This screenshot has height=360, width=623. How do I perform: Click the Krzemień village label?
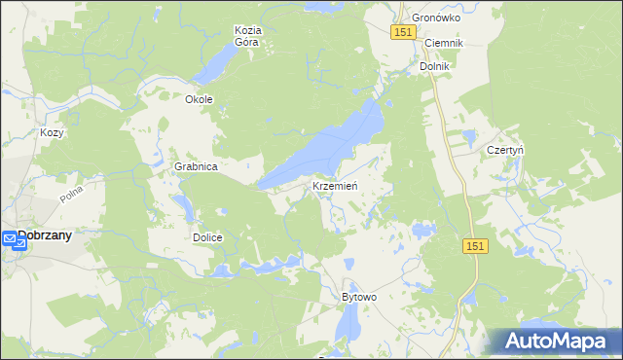337,186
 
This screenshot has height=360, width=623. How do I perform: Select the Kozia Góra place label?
249,36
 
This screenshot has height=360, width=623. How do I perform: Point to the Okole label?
199,99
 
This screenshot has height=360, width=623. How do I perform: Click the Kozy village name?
52,132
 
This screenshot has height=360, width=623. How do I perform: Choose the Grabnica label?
195,166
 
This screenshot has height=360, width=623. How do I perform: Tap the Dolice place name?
207,237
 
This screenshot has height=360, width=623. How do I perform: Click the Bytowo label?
358,296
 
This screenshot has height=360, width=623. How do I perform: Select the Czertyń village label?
505,151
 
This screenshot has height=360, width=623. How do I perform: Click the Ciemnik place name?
443,44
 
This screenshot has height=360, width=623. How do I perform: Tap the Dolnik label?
434,66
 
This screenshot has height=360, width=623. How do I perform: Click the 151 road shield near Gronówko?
405,33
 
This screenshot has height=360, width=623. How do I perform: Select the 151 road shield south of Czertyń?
474,247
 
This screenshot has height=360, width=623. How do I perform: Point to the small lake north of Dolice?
182,205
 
